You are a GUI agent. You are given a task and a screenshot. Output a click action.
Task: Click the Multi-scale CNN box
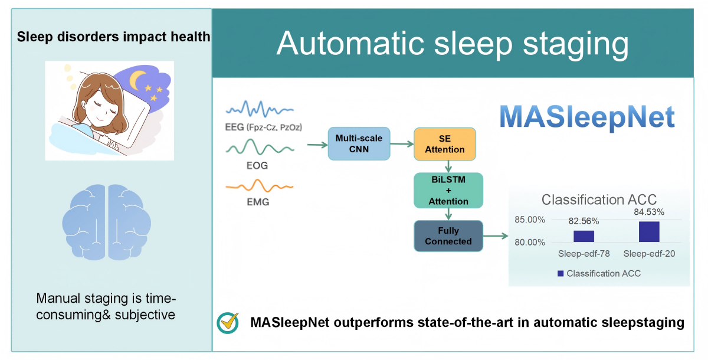(x=359, y=144)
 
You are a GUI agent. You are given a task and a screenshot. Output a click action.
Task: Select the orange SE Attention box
(x=445, y=144)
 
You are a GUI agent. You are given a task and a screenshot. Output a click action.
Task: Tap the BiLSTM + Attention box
(x=448, y=190)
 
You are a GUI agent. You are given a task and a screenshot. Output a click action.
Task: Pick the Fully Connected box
(x=448, y=236)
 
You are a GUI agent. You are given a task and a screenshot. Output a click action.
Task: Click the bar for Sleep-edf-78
(x=584, y=237)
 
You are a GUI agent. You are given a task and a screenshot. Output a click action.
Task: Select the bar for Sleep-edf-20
(x=649, y=232)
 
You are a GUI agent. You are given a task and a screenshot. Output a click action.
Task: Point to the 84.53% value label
(x=649, y=212)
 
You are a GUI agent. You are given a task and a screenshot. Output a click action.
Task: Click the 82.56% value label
(x=584, y=221)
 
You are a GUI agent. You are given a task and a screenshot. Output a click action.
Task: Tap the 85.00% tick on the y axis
(x=530, y=220)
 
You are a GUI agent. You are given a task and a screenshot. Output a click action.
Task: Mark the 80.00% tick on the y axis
(x=530, y=243)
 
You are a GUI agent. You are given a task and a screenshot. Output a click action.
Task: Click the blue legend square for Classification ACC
(x=560, y=273)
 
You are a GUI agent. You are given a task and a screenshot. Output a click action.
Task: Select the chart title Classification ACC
(x=599, y=199)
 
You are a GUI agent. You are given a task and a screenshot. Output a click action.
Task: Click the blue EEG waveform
(x=260, y=109)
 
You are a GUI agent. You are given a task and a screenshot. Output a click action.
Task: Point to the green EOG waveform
(x=260, y=147)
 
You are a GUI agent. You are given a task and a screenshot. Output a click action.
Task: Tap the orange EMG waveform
(x=260, y=185)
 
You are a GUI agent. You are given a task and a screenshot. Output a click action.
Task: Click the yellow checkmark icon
(x=229, y=322)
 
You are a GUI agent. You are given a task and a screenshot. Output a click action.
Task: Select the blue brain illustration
(x=107, y=222)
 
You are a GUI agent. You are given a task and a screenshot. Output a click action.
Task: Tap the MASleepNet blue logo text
(x=587, y=117)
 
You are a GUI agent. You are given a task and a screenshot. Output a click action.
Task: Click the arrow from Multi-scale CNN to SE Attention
(x=402, y=144)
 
